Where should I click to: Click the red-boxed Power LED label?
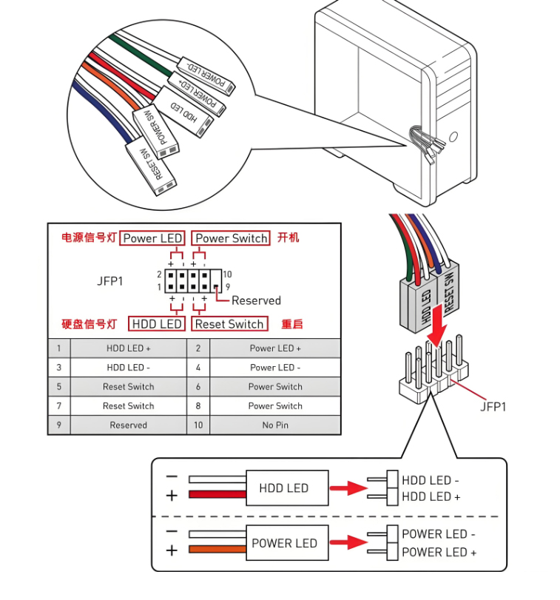click(x=152, y=238)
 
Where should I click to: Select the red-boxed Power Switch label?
click(x=231, y=238)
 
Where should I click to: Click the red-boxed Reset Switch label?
click(x=229, y=324)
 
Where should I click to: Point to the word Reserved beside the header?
click(x=256, y=300)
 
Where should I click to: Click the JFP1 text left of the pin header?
click(x=110, y=281)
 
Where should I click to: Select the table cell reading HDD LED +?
click(x=128, y=348)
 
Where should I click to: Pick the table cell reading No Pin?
click(x=275, y=425)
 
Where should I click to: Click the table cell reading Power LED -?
click(x=275, y=367)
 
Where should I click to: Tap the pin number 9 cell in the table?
click(x=58, y=425)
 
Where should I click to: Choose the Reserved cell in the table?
click(x=128, y=425)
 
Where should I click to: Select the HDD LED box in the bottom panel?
click(x=283, y=488)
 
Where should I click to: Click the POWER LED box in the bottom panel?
click(x=283, y=543)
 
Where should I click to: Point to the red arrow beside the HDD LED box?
click(x=348, y=488)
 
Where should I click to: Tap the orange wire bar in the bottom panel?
click(x=217, y=549)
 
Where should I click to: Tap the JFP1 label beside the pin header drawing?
click(x=492, y=405)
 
